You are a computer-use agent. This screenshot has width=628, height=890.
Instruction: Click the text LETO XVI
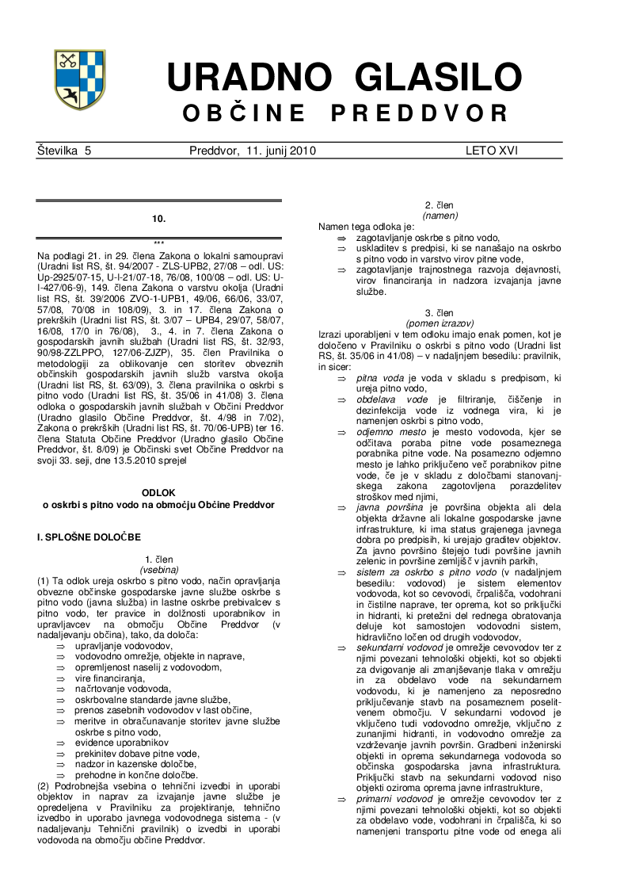click(x=492, y=151)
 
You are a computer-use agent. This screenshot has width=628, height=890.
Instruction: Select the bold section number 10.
click(x=159, y=218)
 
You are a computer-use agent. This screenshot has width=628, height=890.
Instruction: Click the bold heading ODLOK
click(x=158, y=492)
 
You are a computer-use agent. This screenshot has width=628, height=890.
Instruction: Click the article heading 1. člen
click(x=159, y=560)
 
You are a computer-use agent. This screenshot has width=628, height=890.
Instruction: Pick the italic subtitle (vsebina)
click(x=159, y=569)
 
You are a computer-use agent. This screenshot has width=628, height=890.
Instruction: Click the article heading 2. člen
click(x=439, y=205)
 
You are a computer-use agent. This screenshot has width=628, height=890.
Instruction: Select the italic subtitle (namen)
click(x=439, y=215)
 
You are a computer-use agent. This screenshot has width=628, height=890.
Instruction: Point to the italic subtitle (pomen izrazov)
click(x=439, y=323)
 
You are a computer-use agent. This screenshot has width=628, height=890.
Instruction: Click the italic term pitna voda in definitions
click(x=381, y=379)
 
